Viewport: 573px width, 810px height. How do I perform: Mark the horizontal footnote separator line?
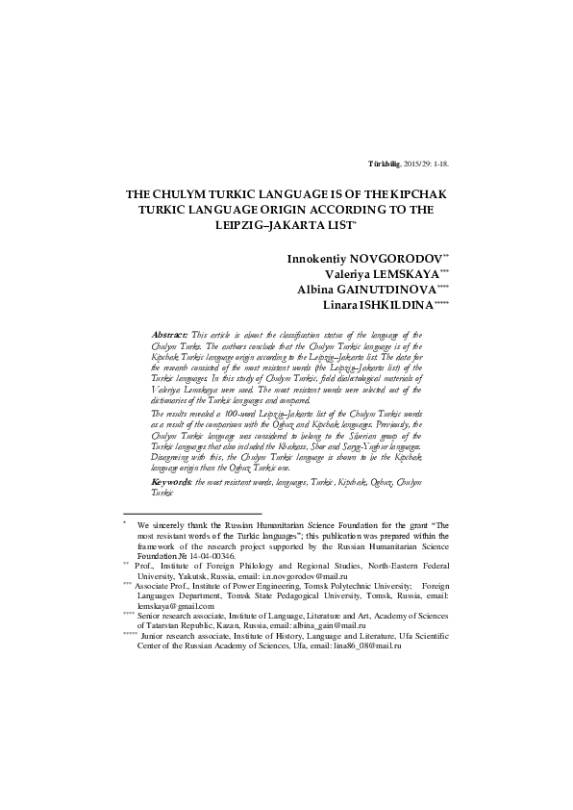[x=192, y=515]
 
